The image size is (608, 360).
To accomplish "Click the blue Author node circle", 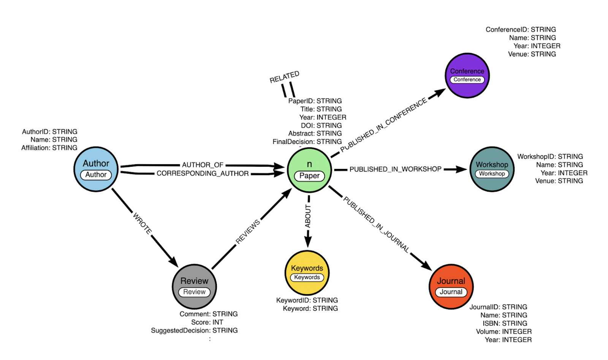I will click(x=96, y=169).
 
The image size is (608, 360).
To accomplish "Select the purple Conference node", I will click(x=467, y=76).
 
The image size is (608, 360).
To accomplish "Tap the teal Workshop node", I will click(x=492, y=169).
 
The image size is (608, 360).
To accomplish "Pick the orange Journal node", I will click(x=451, y=286).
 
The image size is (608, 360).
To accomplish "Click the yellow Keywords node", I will click(x=307, y=273).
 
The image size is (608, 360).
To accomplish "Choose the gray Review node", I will click(x=194, y=286).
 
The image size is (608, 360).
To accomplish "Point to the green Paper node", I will click(x=309, y=170).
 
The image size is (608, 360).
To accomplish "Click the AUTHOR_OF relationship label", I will click(x=203, y=165).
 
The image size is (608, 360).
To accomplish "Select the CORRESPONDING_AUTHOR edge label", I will click(x=203, y=174).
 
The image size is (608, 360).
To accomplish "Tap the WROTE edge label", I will click(x=142, y=223).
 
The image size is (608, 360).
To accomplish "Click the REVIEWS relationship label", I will click(x=248, y=231).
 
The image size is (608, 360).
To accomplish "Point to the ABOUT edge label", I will click(x=308, y=216).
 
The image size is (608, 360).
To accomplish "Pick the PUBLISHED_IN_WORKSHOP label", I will click(x=395, y=169).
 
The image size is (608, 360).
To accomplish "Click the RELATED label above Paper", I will click(x=284, y=77).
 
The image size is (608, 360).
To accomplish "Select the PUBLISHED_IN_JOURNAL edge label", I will click(x=376, y=224).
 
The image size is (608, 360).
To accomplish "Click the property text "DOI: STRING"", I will click(x=321, y=125).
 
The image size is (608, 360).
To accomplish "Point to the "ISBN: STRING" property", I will click(x=505, y=323).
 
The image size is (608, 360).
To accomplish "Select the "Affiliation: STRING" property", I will click(x=49, y=148).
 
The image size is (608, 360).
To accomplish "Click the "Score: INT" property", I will click(x=207, y=322).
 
